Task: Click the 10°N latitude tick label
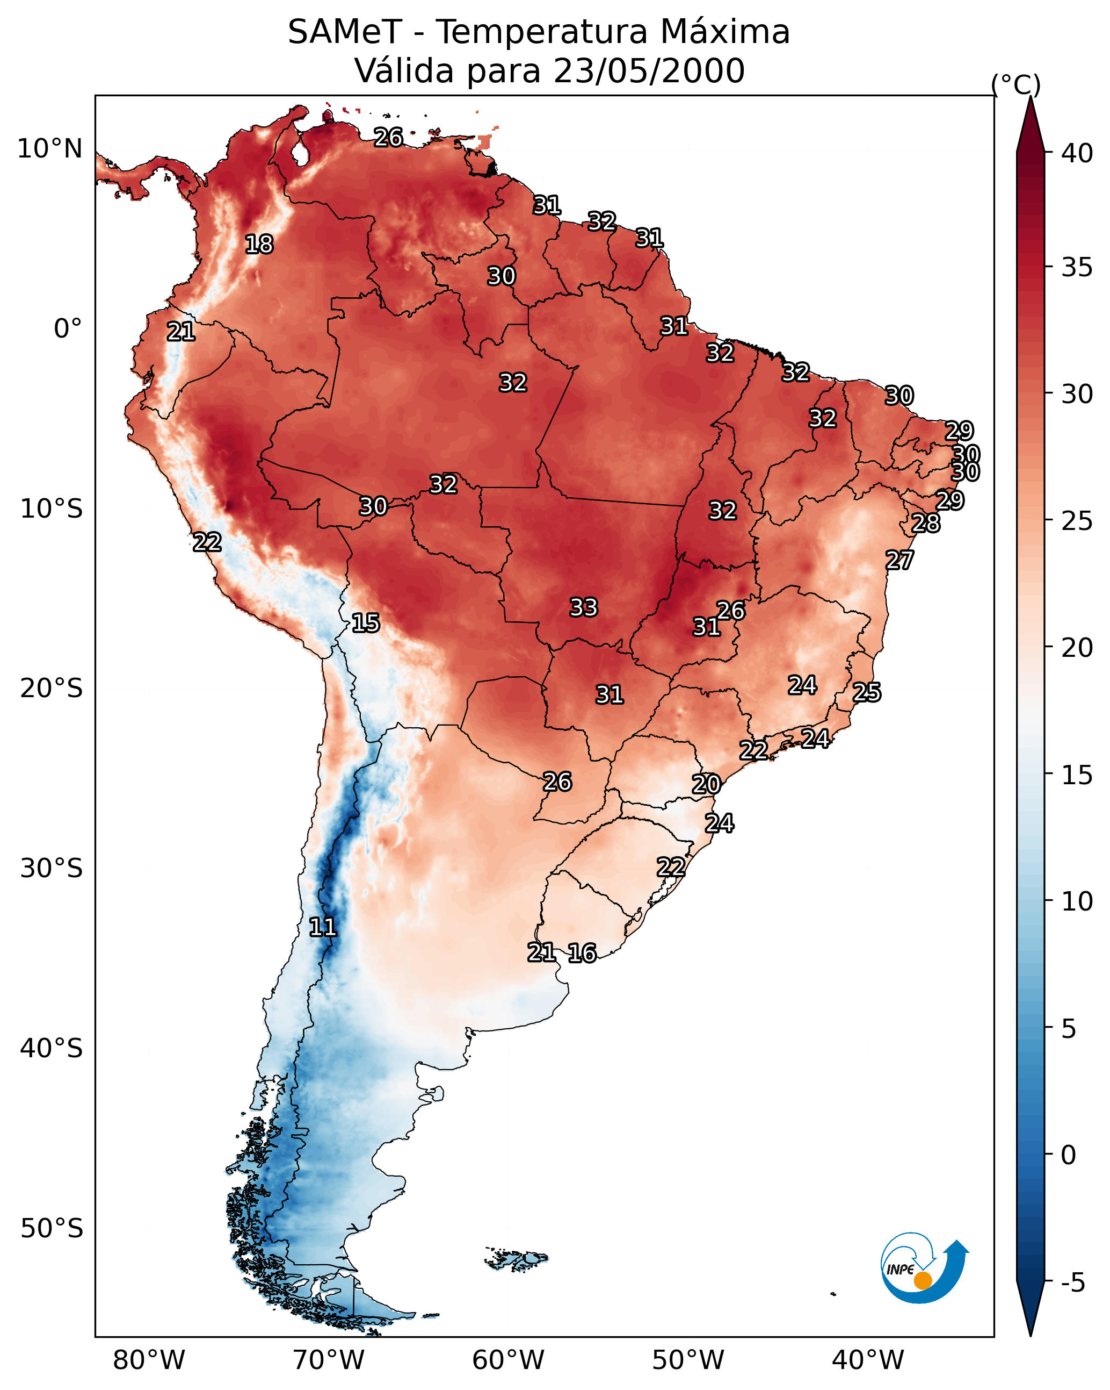[x=49, y=149]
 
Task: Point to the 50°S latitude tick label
[x=52, y=1229]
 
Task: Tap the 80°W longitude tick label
[x=149, y=1360]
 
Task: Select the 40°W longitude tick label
[x=868, y=1360]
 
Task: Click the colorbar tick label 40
[x=1077, y=153]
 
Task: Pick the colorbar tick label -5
[x=1072, y=1282]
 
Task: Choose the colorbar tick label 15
[x=1077, y=775]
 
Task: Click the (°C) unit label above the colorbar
[x=1015, y=84]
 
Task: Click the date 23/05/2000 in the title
[x=649, y=71]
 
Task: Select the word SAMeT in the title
[x=345, y=32]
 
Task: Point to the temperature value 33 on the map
[x=584, y=607]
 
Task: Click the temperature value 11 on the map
[x=323, y=927]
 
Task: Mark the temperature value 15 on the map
[x=365, y=623]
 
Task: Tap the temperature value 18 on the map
[x=259, y=245]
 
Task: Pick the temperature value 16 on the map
[x=582, y=953]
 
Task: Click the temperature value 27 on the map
[x=899, y=560]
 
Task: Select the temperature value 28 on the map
[x=926, y=523]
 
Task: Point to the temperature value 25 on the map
[x=867, y=692]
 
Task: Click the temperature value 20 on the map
[x=706, y=785]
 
